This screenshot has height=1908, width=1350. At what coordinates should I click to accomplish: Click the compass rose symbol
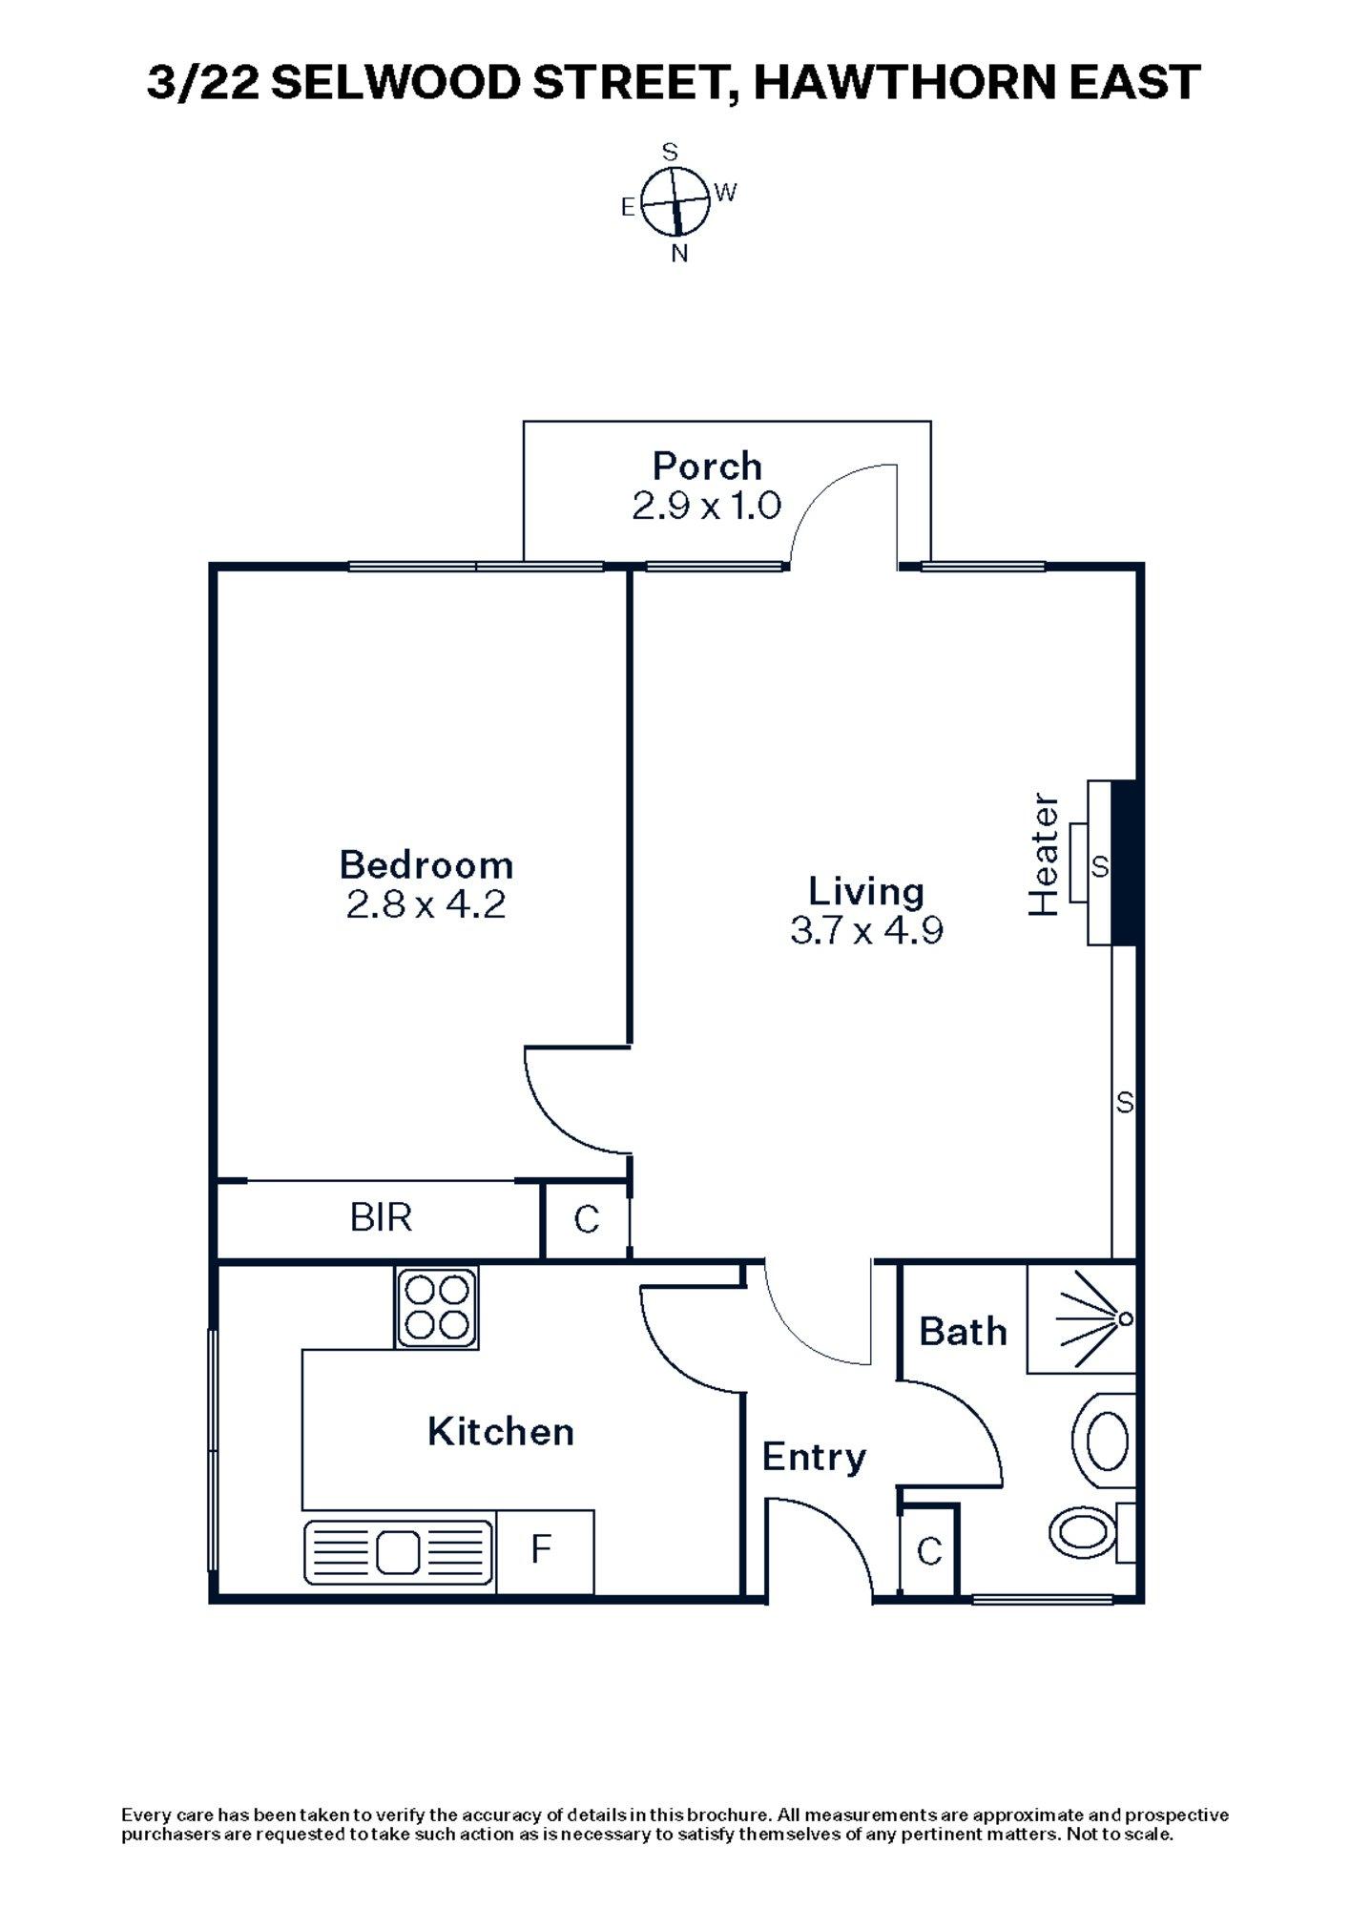pos(675,201)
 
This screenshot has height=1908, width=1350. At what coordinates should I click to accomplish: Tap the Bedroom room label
pos(426,864)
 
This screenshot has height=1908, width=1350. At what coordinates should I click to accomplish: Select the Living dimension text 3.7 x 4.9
pos(866,929)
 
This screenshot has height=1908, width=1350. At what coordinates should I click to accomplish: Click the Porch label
pos(707,466)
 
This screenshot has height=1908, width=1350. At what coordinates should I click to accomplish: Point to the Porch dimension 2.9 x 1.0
pos(707,505)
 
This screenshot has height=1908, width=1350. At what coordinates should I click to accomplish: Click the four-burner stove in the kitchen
pos(437,1307)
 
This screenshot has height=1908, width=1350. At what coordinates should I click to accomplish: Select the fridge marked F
pos(542,1550)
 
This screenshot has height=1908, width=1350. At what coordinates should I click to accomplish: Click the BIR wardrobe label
pos(381,1217)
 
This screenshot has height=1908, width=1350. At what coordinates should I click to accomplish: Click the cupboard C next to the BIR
pos(586,1219)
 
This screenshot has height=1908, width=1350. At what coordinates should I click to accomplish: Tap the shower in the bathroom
pos(1082,1319)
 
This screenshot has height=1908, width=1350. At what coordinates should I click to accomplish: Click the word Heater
pos(1044,855)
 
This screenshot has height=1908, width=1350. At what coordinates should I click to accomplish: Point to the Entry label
pos(814,1457)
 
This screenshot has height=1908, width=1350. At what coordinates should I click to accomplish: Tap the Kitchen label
pos(501,1431)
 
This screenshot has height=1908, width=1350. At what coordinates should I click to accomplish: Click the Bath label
pos(963,1331)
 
